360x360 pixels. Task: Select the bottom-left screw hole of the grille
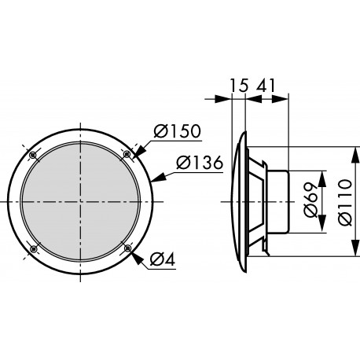point(33,249)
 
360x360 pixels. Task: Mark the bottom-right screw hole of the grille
point(127,249)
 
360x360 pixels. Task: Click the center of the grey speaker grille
point(80,202)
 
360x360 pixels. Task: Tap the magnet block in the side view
point(281,202)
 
